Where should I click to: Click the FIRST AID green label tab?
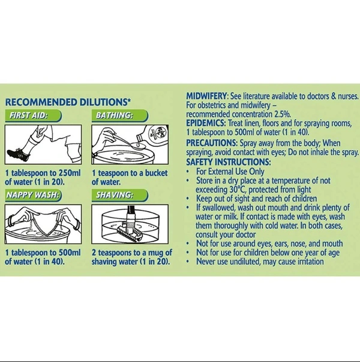pyautogui.click(x=33, y=116)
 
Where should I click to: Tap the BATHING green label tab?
pyautogui.click(x=119, y=116)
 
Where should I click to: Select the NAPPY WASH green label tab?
pyautogui.click(x=33, y=195)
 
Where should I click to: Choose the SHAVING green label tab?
pyautogui.click(x=119, y=195)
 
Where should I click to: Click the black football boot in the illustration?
pyautogui.click(x=19, y=154)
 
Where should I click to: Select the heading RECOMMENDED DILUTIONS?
pyautogui.click(x=68, y=102)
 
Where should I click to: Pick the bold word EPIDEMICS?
pyautogui.click(x=206, y=123)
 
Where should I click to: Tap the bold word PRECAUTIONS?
pyautogui.click(x=212, y=143)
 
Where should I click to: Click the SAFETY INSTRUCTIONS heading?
pyautogui.click(x=228, y=162)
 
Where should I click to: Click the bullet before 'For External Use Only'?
pyautogui.click(x=188, y=172)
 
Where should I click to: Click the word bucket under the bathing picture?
pyautogui.click(x=156, y=173)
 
